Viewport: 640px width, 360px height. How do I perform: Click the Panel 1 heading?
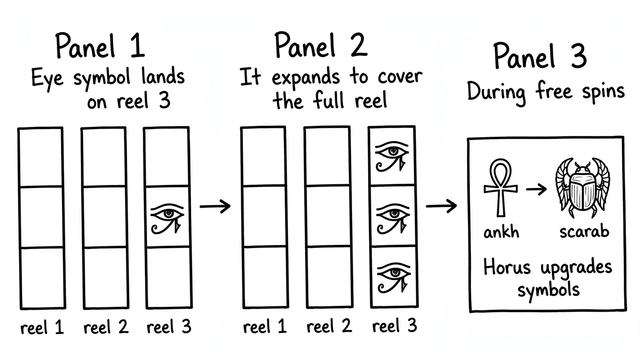[x=100, y=46]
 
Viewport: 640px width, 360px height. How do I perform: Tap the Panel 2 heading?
[x=321, y=45]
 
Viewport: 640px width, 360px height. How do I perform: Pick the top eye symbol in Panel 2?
[x=392, y=157]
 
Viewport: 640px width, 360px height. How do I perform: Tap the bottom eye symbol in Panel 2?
[x=393, y=277]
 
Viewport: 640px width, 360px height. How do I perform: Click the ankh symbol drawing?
[x=501, y=187]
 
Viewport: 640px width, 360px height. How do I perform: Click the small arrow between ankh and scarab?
[x=536, y=189]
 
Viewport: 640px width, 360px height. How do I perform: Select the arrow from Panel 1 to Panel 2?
[x=215, y=206]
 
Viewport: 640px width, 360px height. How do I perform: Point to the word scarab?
[x=584, y=232]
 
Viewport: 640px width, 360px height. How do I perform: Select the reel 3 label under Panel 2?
[x=394, y=326]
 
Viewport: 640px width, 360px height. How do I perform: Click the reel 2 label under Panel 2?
[x=329, y=326]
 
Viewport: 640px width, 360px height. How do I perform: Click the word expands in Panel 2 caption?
[x=305, y=77]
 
